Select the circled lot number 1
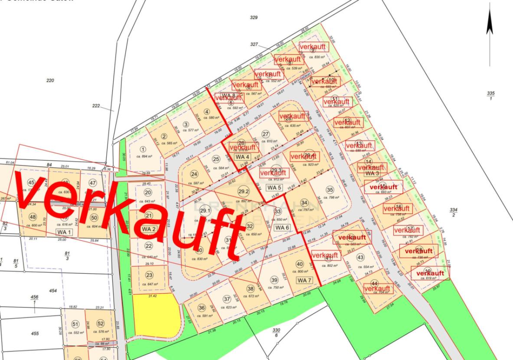pos(143,150)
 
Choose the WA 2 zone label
pos(148,229)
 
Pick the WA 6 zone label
pos(282,228)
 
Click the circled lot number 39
pos(274,280)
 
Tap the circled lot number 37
pos(226,299)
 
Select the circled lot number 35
pos(330,190)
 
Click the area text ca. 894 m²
pos(144,157)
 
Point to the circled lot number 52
pos(101,324)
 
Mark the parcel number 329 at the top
pos(254,18)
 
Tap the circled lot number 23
pos(149,275)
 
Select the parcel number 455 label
pos(34,334)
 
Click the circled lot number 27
pos(266,134)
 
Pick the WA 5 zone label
pos(274,187)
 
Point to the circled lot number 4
pos(206,111)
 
